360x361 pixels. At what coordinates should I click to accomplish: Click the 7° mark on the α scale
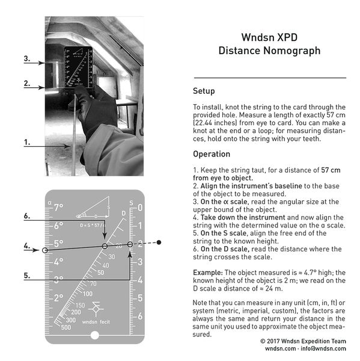pos(58,208)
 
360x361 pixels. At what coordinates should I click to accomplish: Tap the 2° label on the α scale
pos(59,298)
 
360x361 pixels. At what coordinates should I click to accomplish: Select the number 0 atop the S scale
pos(139,208)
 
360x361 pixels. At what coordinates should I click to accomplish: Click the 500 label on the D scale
pos(66,327)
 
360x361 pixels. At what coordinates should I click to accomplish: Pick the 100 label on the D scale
pos(88,294)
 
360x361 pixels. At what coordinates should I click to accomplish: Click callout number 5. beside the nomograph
pos(27,276)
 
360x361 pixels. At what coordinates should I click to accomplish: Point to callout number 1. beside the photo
pos(27,143)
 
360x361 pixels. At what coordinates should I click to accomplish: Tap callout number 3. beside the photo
pos(27,59)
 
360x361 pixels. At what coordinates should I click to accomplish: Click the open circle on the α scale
pos(45,250)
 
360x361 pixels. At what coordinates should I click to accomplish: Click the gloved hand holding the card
pos(96,111)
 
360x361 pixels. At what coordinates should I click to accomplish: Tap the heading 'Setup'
pos(203,91)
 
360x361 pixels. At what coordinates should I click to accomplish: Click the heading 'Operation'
pos(211,154)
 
